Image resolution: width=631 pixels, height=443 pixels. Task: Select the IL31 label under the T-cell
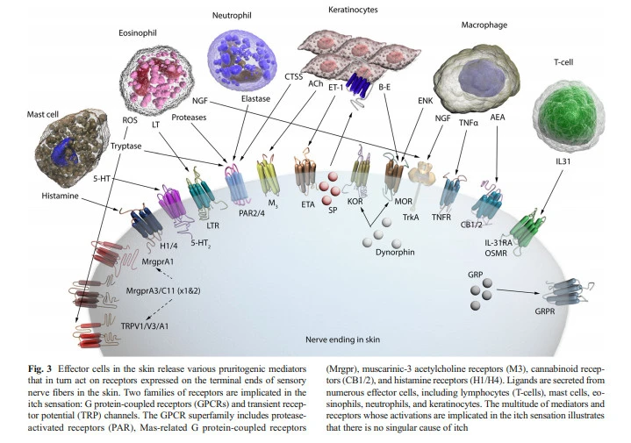coord(577,163)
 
